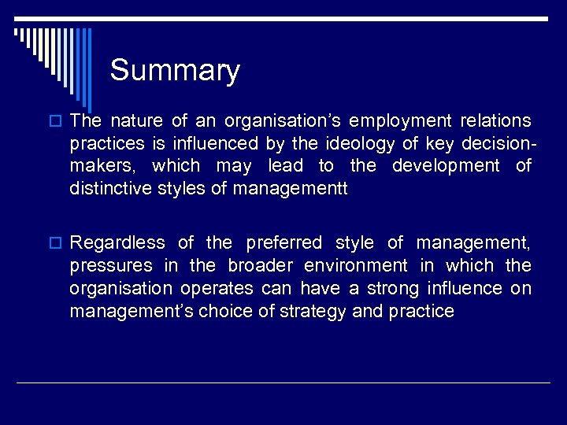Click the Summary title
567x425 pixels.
175,71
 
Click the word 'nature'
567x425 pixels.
137,121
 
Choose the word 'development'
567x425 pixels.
446,166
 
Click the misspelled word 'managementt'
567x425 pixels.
289,189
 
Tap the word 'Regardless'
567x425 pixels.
117,243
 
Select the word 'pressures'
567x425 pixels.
109,266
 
